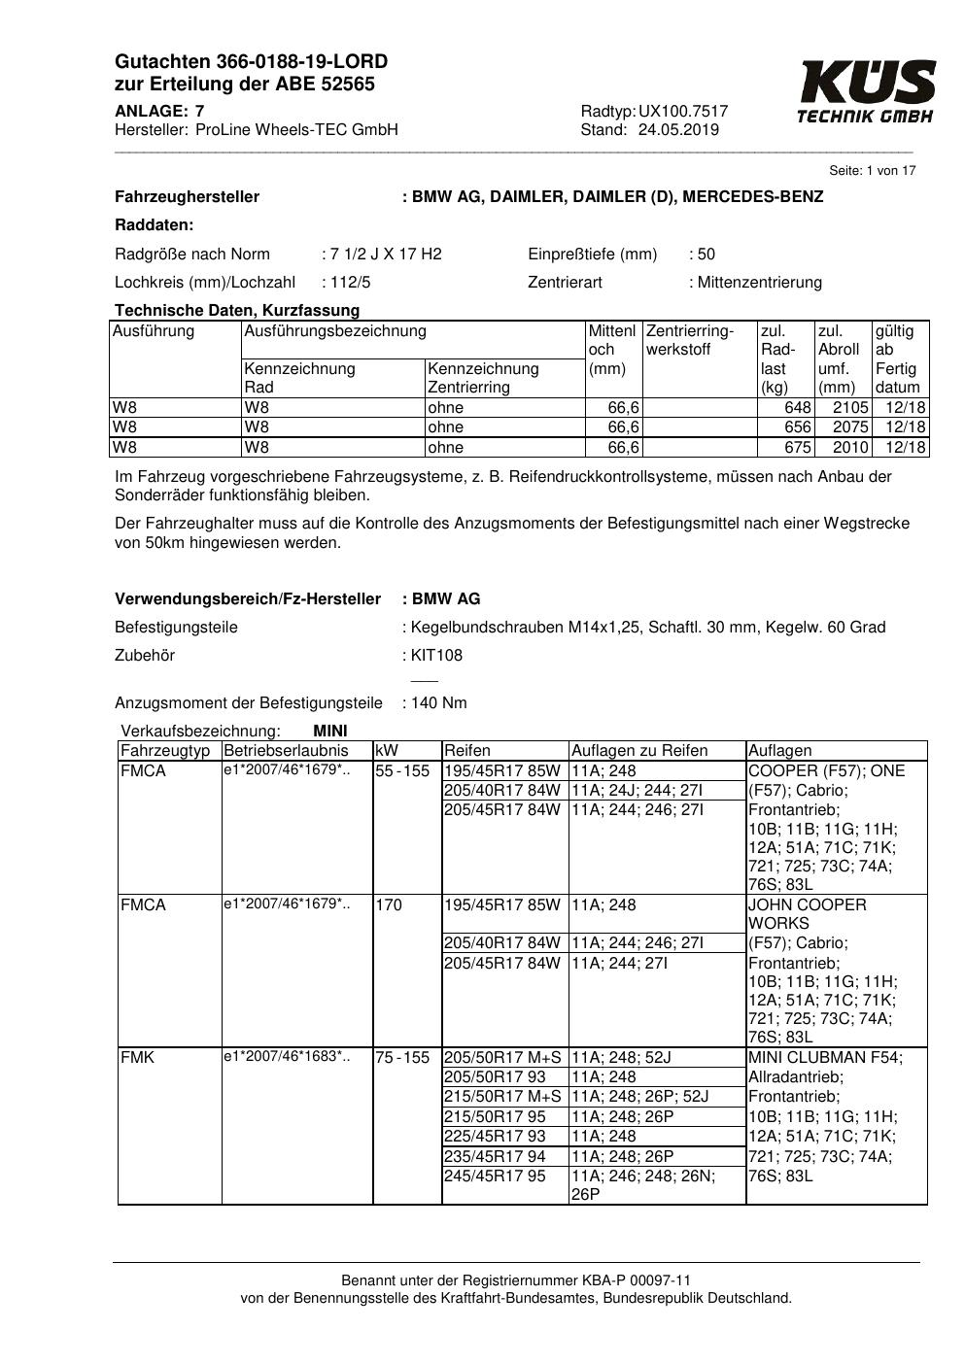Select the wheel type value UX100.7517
click(683, 112)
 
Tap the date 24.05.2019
click(678, 130)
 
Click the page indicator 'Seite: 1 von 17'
click(872, 171)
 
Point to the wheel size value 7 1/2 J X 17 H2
click(386, 255)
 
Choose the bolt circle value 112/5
click(351, 283)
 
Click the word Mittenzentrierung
click(759, 283)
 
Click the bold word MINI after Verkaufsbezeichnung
click(330, 732)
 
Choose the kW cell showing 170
click(389, 905)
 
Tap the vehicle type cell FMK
click(137, 1058)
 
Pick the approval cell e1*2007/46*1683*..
click(286, 1057)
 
